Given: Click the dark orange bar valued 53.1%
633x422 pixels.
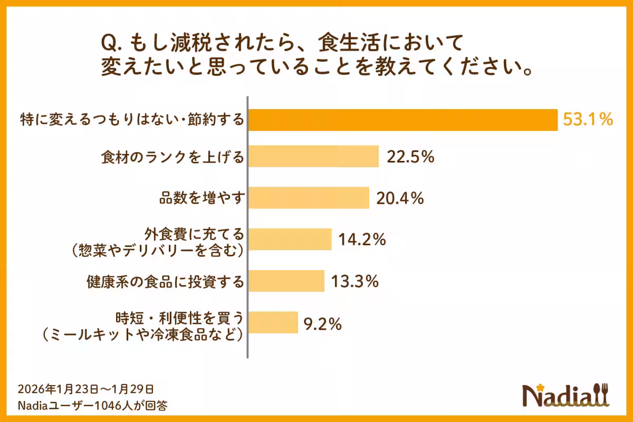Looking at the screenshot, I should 402,120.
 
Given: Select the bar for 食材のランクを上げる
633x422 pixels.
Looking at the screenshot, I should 313,156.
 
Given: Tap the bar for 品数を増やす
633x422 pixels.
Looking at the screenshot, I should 308,198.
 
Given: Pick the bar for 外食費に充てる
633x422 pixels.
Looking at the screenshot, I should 290,239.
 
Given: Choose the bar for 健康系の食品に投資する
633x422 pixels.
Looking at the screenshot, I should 286,281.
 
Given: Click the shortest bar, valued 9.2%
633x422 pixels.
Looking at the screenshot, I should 273,322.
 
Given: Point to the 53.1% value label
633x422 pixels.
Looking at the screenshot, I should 588,120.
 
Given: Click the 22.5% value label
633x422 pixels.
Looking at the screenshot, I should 410,157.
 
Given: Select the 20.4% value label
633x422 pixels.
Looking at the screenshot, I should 399,198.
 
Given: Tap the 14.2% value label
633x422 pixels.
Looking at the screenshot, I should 362,239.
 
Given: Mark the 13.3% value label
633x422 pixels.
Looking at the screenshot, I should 354,281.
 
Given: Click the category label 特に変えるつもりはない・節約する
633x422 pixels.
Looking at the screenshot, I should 132,120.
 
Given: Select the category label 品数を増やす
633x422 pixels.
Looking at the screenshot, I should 202,198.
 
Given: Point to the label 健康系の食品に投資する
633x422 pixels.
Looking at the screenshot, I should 166,282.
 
